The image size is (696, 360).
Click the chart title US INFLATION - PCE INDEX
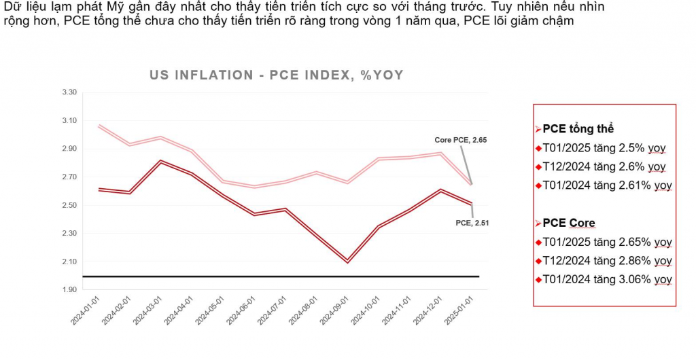277,75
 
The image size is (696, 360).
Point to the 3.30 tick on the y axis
69,92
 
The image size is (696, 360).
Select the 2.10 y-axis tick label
69,262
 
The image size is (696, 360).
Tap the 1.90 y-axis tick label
69,290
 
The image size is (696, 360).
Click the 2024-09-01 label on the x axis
338,310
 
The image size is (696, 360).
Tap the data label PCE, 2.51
472,221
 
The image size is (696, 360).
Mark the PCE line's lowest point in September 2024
348,261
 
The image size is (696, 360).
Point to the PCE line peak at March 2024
160,162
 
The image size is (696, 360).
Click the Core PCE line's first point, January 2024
99,126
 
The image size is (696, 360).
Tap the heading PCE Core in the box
569,223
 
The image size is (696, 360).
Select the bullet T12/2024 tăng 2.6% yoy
604,166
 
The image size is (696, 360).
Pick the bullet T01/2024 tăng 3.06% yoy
607,279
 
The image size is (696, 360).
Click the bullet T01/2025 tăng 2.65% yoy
607,242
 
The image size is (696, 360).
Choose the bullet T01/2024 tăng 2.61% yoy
607,185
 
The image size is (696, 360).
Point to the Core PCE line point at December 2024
439,154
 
